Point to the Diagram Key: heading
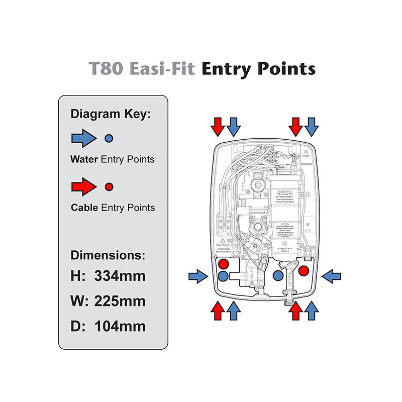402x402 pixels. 111,114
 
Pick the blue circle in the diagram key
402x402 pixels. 109,138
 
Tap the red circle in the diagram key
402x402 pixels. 109,186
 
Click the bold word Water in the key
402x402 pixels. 84,160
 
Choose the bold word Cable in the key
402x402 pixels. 84,208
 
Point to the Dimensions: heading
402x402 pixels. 108,254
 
